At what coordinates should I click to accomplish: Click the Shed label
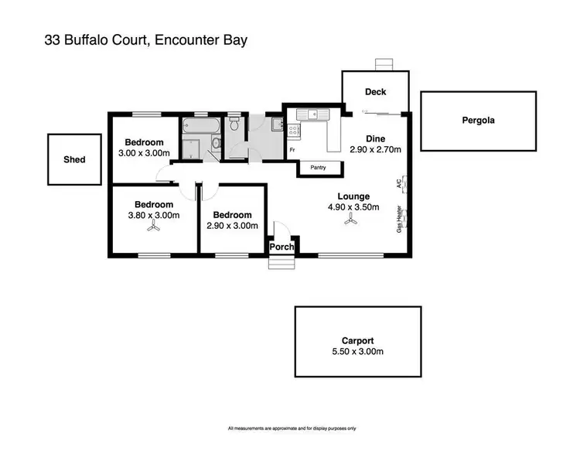(74, 160)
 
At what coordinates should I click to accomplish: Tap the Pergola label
(478, 121)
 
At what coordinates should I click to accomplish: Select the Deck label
(376, 92)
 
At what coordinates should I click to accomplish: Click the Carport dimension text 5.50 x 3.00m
(358, 351)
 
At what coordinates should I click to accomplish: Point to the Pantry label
(317, 167)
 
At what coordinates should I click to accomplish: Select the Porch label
(281, 247)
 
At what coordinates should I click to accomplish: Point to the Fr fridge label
(292, 149)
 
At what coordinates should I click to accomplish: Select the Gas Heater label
(399, 219)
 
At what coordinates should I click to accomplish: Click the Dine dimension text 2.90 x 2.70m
(375, 150)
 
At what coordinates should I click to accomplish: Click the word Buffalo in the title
(91, 39)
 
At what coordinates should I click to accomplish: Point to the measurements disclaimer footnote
(292, 428)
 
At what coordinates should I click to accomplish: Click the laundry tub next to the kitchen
(276, 123)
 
